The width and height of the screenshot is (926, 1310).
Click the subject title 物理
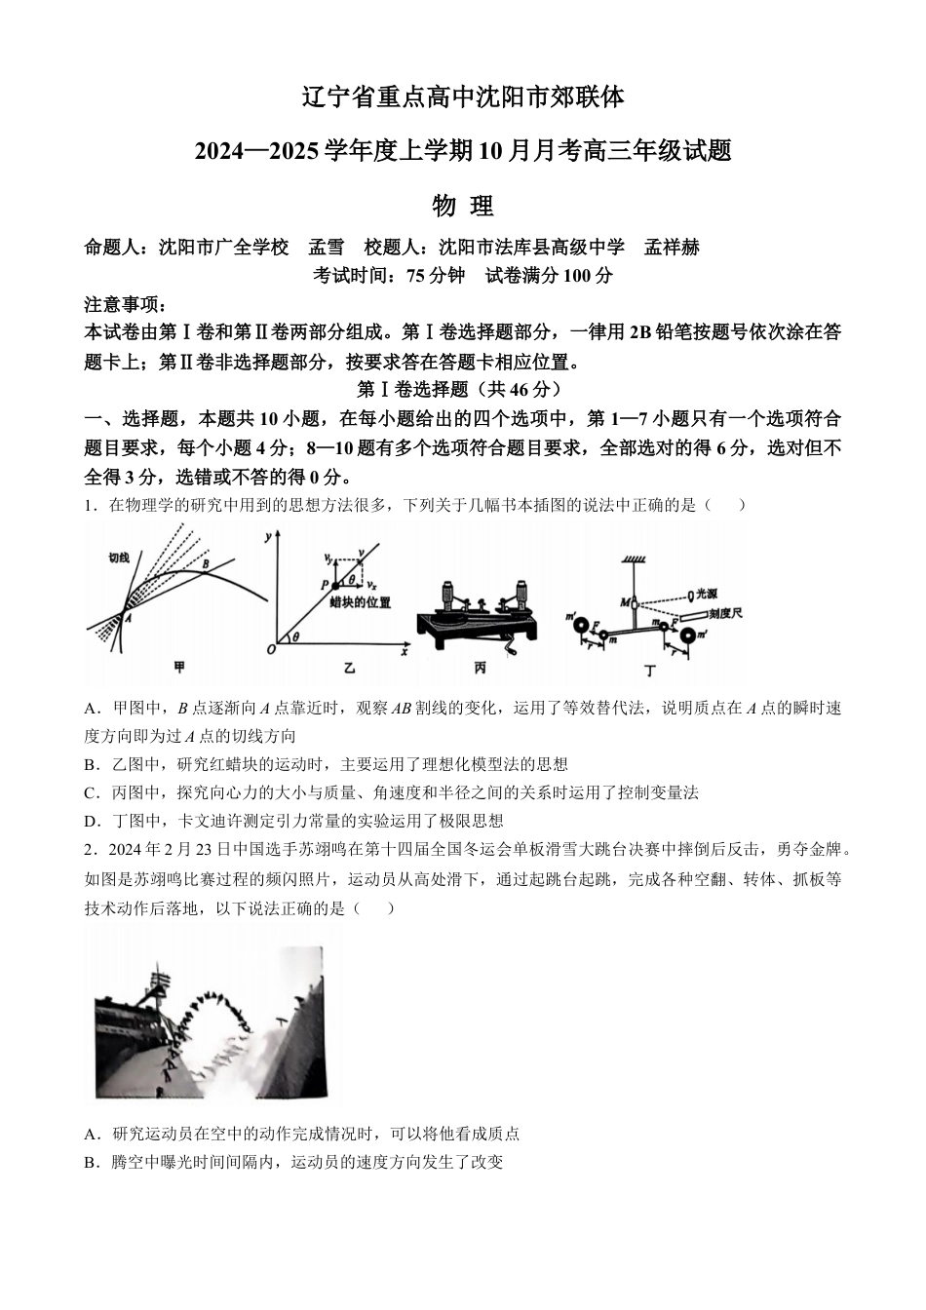pos(462,206)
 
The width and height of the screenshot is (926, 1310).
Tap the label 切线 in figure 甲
pos(119,558)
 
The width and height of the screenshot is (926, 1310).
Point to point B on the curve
pos(205,561)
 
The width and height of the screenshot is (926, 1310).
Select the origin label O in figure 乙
pos(271,650)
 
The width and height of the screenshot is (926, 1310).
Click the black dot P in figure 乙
pos(337,584)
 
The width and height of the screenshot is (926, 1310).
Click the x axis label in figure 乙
pos(402,652)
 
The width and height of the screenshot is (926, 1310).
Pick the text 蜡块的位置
pos(361,602)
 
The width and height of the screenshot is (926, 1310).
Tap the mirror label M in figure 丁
pos(625,602)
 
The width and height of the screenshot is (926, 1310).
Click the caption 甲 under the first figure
pos(178,668)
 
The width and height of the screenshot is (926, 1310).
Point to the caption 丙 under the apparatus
pos(480,668)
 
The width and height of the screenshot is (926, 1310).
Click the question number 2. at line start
pos(92,849)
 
